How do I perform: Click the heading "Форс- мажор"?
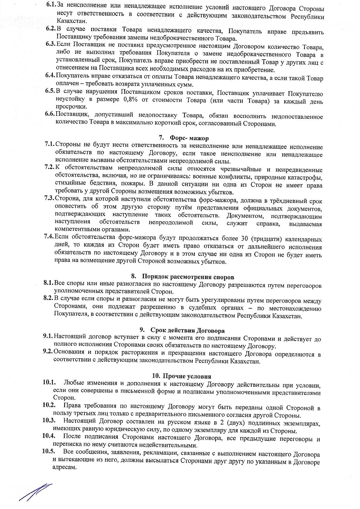189,138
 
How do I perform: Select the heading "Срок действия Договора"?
187,330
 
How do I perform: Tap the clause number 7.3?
49,198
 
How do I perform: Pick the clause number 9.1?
48,337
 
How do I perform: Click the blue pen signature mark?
35,491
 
